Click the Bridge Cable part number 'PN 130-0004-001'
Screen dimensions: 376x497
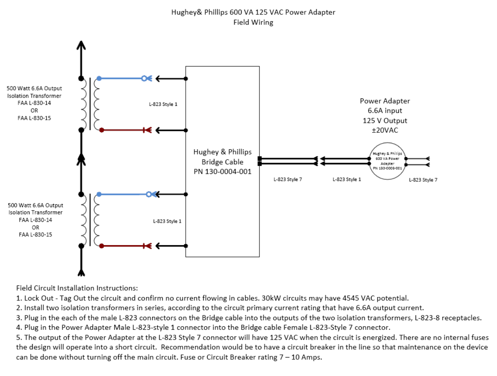pyautogui.click(x=223, y=171)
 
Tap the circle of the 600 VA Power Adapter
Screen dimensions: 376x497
pyautogui.click(x=387, y=161)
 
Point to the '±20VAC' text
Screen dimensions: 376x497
pyautogui.click(x=384, y=130)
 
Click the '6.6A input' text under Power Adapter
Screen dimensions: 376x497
pyautogui.click(x=385, y=111)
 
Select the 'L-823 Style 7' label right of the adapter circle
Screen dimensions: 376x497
pyautogui.click(x=423, y=180)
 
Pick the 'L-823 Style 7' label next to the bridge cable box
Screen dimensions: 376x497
pyautogui.click(x=288, y=179)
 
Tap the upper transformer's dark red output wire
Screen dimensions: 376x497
pyautogui.click(x=121, y=130)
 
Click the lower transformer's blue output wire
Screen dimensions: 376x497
pyautogui.click(x=121, y=194)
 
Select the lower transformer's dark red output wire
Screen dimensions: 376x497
pyautogui.click(x=121, y=246)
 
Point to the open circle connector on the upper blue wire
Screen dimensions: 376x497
pyautogui.click(x=144, y=78)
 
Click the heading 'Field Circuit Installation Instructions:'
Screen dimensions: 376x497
pyautogui.click(x=77, y=288)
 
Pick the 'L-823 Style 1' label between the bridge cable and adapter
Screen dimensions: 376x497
pyautogui.click(x=347, y=179)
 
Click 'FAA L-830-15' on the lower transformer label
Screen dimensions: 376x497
pyautogui.click(x=35, y=235)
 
